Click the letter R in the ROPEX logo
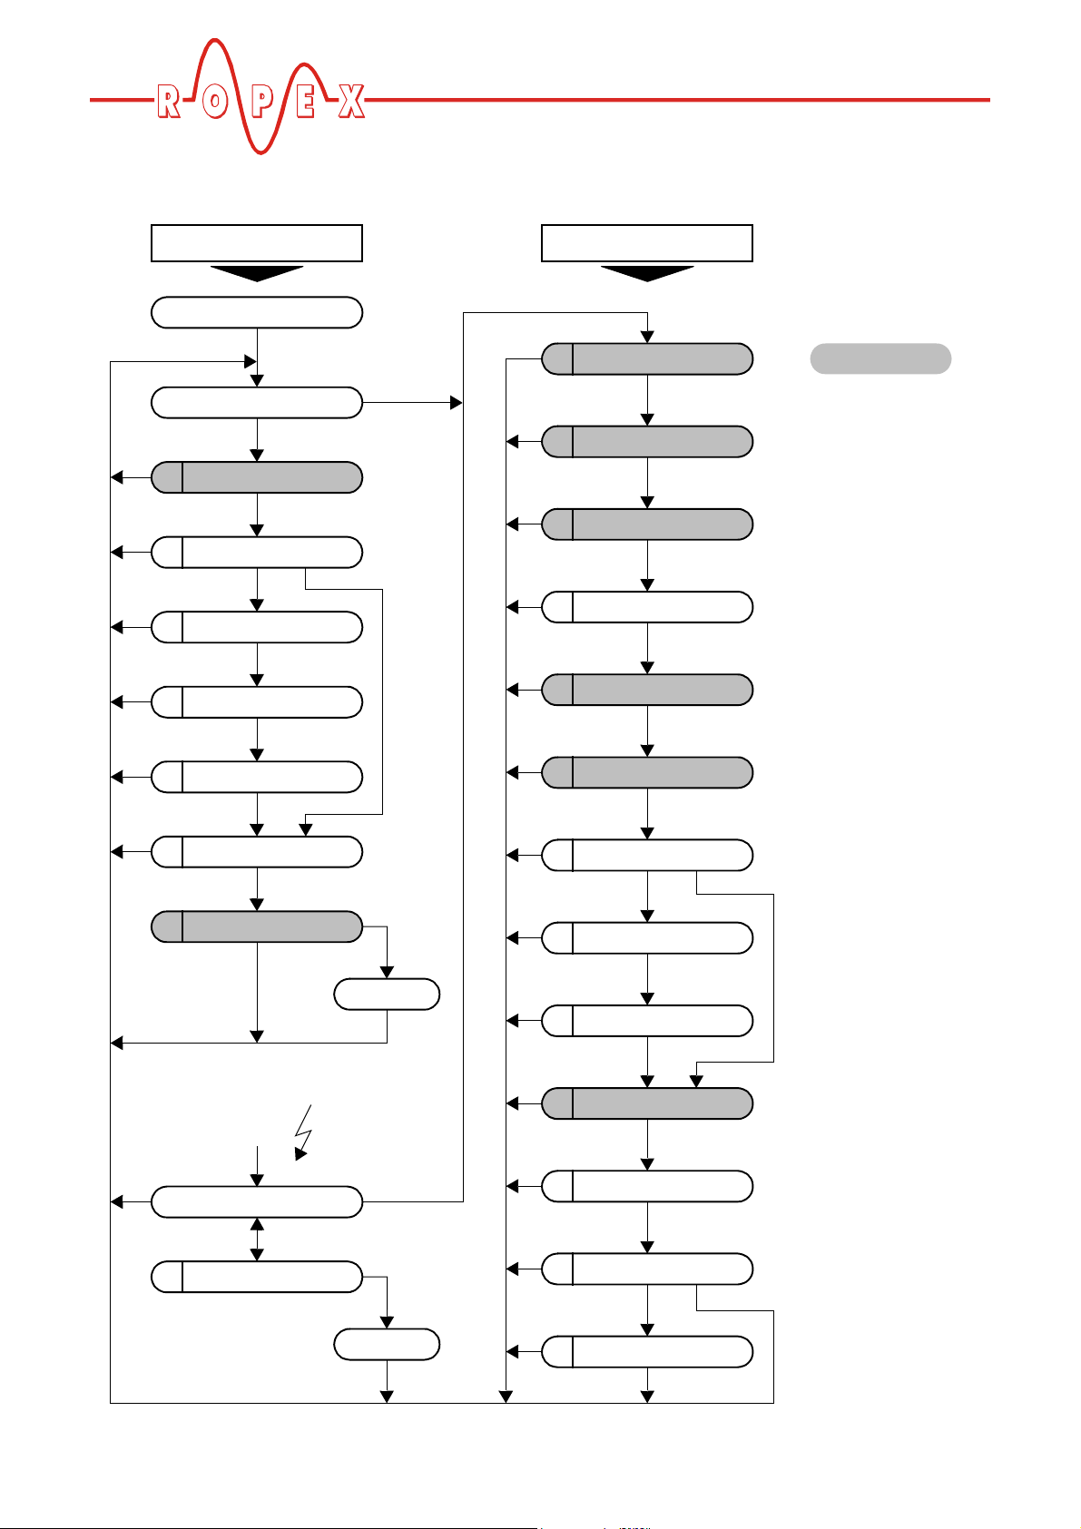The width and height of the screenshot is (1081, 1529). tap(168, 102)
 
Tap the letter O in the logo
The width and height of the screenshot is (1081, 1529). tap(214, 102)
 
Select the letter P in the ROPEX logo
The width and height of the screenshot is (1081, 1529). tap(261, 102)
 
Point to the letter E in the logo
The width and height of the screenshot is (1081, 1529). tap(306, 102)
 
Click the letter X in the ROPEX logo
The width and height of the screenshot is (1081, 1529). tap(351, 102)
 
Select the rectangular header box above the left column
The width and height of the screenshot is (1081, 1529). tap(257, 243)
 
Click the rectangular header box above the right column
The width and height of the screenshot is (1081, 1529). tap(647, 243)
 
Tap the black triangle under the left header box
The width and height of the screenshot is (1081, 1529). tap(257, 273)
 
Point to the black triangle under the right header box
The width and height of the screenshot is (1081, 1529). tap(647, 273)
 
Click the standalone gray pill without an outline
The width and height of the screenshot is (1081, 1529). tap(880, 358)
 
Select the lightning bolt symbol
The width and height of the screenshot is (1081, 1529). tap(304, 1132)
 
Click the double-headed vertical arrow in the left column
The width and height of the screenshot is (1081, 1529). tap(257, 1239)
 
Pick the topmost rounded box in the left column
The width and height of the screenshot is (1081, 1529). tap(257, 312)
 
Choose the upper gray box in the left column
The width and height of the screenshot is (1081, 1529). tap(257, 477)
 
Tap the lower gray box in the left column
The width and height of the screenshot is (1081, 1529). tap(257, 926)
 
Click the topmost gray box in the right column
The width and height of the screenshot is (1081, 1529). tap(647, 359)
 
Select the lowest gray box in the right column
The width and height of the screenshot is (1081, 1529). tap(647, 1103)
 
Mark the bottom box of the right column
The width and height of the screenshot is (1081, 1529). tap(647, 1351)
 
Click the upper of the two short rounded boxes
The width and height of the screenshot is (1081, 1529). tap(387, 995)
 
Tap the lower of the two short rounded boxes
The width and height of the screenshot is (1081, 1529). tap(387, 1344)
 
